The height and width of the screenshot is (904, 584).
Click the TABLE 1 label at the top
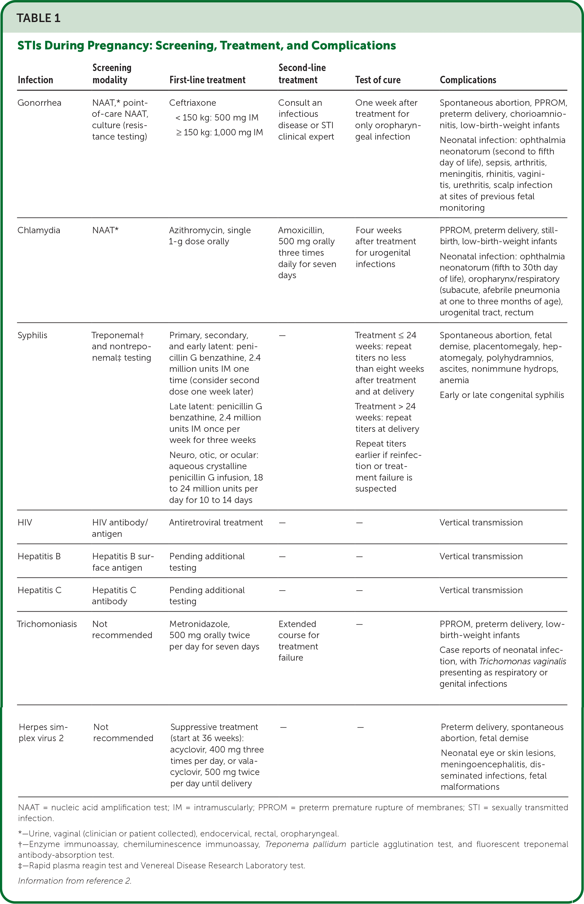click(38, 18)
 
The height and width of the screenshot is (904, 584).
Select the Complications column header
click(468, 80)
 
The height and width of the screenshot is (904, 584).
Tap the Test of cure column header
click(378, 80)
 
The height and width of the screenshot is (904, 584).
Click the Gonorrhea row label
click(40, 103)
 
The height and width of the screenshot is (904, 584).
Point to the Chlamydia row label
click(39, 230)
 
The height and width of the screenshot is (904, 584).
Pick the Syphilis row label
click(33, 335)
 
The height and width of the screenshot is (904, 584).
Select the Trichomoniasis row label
click(47, 624)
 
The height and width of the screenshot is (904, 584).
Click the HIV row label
click(25, 523)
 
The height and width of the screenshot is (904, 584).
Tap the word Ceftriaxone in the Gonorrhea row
click(193, 103)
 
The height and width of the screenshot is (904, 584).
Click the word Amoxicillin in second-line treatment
click(301, 230)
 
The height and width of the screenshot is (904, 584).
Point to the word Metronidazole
click(200, 624)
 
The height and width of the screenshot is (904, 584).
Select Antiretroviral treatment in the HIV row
click(216, 523)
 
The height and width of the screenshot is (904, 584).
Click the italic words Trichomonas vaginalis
click(523, 661)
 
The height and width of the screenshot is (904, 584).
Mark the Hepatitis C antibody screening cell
click(114, 596)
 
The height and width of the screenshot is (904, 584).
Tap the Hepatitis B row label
click(39, 556)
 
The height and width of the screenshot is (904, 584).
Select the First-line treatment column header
click(207, 80)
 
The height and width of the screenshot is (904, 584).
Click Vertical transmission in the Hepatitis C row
click(481, 590)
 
